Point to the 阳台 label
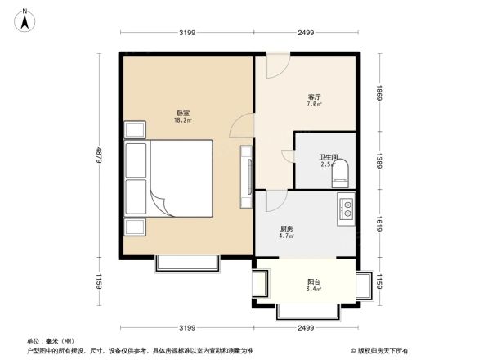(x=311, y=282)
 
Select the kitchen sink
(x=345, y=209)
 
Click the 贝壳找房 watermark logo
(x=383, y=352)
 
